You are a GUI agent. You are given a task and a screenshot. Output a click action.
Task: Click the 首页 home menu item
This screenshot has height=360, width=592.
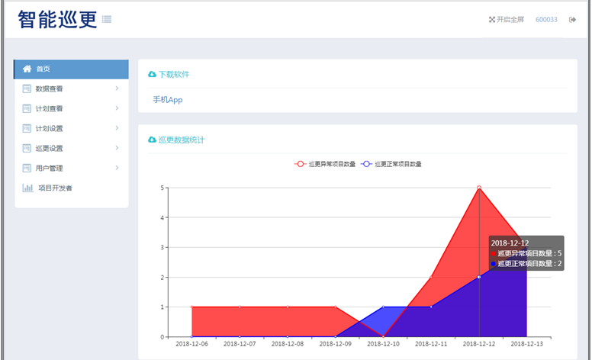coord(43,69)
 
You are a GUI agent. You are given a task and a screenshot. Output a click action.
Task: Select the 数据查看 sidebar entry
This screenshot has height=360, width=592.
coord(49,88)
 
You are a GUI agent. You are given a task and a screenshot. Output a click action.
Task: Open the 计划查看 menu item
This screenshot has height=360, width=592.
coord(49,108)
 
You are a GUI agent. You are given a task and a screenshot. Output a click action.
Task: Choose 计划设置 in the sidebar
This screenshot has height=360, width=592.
coord(49,128)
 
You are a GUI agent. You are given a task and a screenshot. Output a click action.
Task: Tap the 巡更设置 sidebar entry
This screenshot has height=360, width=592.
coord(49,148)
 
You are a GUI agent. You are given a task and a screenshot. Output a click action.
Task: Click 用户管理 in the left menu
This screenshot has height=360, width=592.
coord(49,168)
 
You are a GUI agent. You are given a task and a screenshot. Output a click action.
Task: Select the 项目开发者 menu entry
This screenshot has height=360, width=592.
coord(55,188)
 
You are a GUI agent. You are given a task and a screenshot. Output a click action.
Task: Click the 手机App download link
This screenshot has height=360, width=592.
coord(168,100)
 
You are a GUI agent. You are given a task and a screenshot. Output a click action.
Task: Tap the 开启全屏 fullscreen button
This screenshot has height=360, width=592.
coord(507,20)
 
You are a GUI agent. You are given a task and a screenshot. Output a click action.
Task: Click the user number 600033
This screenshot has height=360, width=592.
coord(546,20)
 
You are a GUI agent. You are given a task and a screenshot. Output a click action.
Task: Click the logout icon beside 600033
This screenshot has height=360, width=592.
coord(572,20)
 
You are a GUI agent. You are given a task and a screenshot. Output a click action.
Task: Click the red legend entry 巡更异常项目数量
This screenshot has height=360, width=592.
coord(326,164)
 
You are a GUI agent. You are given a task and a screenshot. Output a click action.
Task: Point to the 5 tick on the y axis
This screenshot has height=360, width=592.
coord(162,188)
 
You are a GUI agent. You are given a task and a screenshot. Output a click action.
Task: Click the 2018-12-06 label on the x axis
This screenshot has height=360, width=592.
coord(191,345)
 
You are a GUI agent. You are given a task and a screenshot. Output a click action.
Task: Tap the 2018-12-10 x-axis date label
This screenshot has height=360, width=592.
coord(383,345)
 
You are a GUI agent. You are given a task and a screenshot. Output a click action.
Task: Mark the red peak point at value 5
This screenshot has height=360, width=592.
coord(479,188)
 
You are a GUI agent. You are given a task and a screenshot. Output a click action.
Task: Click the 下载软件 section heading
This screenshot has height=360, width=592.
coord(173,75)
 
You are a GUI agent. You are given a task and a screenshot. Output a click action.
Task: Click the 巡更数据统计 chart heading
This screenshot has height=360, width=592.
coord(181,140)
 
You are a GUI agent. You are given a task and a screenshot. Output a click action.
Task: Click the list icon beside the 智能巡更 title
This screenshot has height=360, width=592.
coord(107,20)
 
